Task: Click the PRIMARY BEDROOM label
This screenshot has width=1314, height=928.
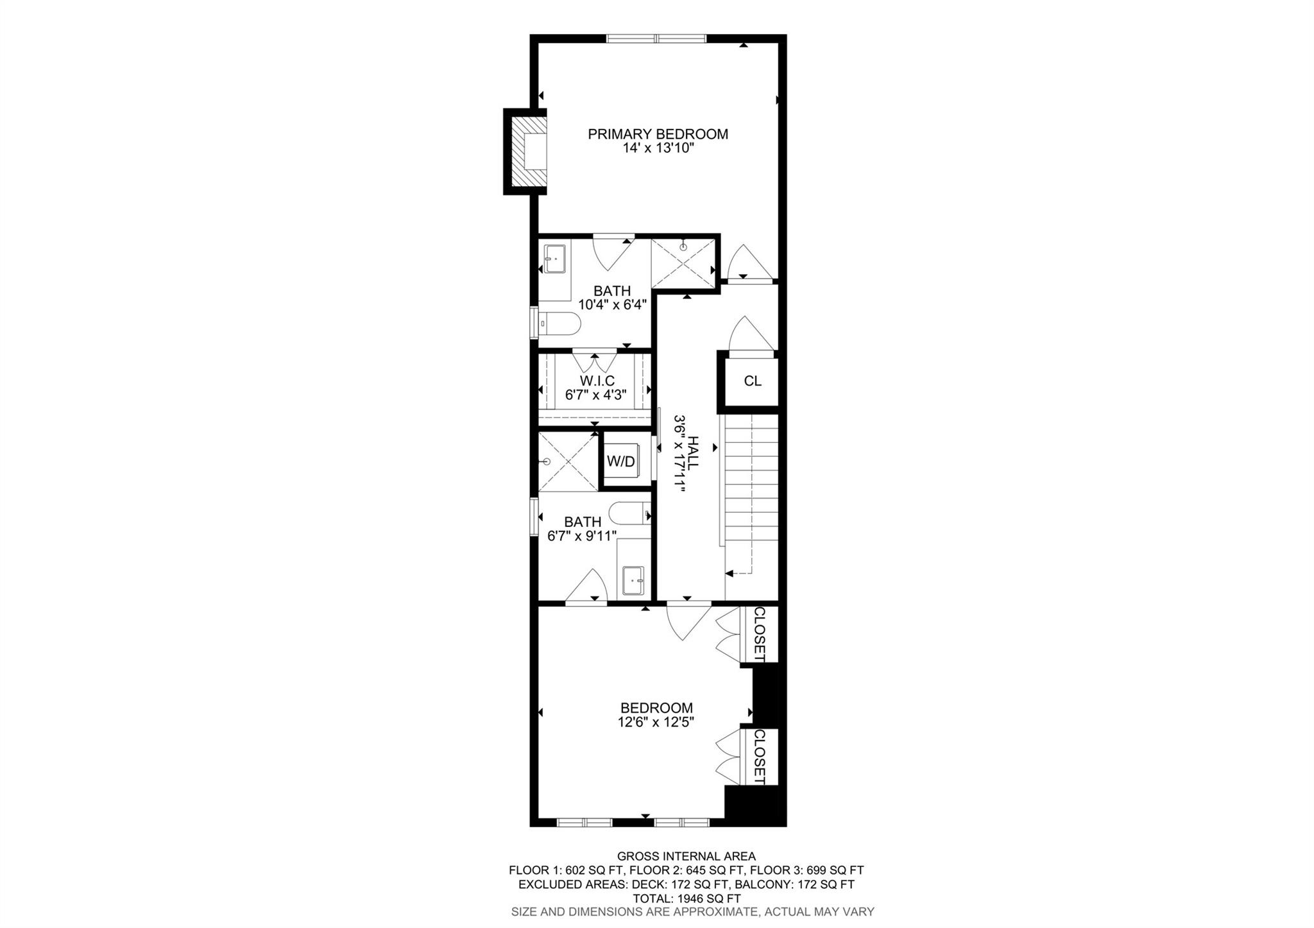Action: pos(658,134)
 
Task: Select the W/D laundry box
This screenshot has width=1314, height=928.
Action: pos(620,461)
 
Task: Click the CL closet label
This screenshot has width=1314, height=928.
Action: pos(752,381)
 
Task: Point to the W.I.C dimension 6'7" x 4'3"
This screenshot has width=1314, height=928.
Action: pos(595,395)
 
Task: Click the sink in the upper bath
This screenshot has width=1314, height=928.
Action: pos(554,258)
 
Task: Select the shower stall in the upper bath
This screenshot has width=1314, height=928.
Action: pos(683,263)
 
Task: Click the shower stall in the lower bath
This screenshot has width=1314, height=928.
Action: pos(567,462)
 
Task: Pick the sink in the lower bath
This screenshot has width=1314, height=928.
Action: pos(633,581)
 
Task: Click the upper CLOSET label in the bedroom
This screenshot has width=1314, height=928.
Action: pos(759,634)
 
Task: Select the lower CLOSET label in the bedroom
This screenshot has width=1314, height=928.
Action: pos(759,757)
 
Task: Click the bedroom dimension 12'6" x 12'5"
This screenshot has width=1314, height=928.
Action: pos(656,722)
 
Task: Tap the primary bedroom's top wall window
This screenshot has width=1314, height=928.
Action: pos(656,39)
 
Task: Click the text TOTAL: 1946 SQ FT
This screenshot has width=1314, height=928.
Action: pos(687,898)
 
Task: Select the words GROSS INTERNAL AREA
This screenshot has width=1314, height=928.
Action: pos(687,856)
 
